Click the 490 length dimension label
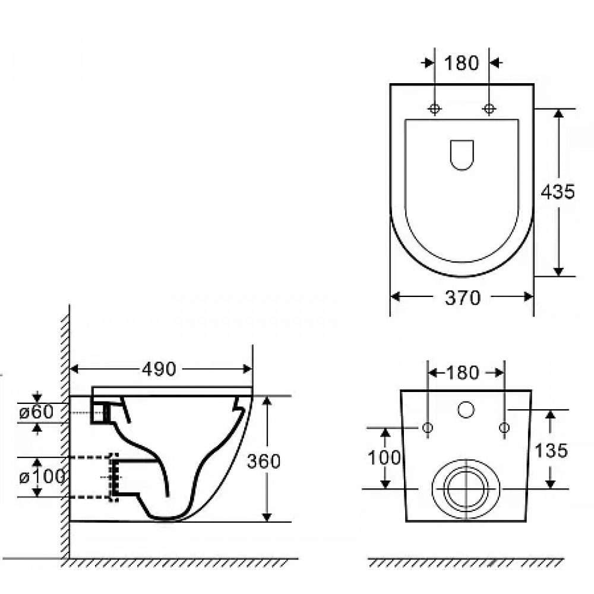[x=159, y=369]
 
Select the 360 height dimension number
[x=264, y=461]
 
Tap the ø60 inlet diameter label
[x=36, y=412]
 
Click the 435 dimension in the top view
[x=558, y=192]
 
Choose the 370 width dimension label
[x=463, y=298]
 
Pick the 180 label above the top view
[x=462, y=63]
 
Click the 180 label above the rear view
[x=463, y=373]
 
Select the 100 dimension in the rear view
[x=384, y=457]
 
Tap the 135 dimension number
[x=551, y=451]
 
